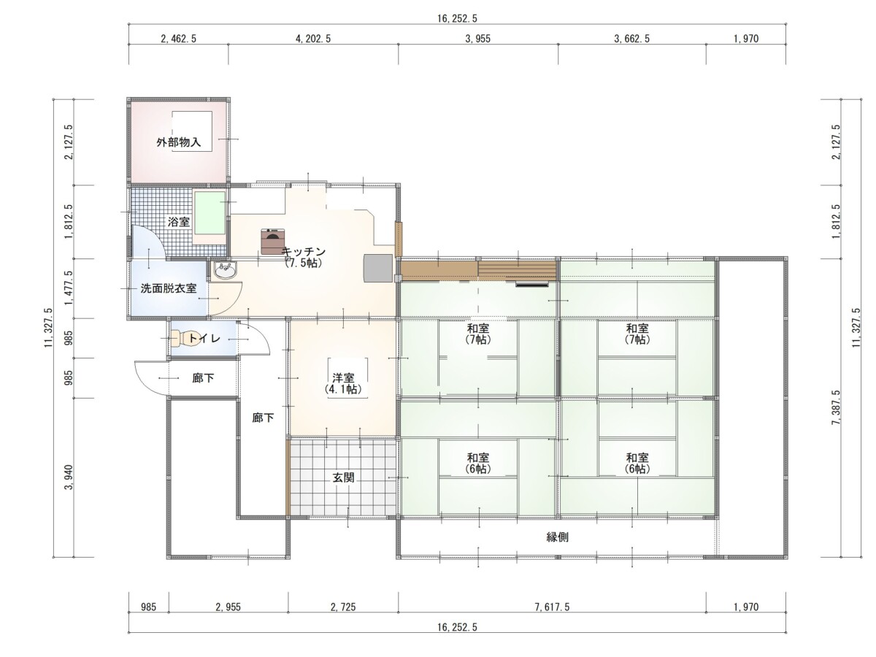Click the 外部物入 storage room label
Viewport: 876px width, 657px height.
pos(178,142)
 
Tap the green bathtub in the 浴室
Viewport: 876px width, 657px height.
pos(210,212)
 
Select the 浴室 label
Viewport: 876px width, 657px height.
pos(178,222)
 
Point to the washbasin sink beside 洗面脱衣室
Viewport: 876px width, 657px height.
pos(225,272)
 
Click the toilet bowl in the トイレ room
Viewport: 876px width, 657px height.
pos(179,339)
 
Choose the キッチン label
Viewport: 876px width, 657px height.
pos(304,252)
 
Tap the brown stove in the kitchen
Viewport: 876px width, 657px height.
pos(272,241)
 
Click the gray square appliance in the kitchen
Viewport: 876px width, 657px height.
pos(378,269)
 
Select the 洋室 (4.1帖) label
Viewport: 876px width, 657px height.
pos(343,383)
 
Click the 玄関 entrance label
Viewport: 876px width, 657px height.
pos(343,477)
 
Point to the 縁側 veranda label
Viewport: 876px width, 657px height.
pos(557,537)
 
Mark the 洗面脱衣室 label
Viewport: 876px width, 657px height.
pos(169,288)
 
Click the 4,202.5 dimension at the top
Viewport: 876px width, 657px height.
pos(313,39)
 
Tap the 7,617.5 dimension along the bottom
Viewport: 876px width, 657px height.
pos(552,607)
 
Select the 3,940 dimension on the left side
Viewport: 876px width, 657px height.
pos(69,477)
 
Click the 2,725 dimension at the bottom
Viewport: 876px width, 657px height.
pos(343,607)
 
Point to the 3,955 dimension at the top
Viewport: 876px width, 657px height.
pos(477,39)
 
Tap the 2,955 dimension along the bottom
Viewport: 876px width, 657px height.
pos(228,607)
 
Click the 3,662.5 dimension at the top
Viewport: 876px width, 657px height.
pos(631,39)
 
